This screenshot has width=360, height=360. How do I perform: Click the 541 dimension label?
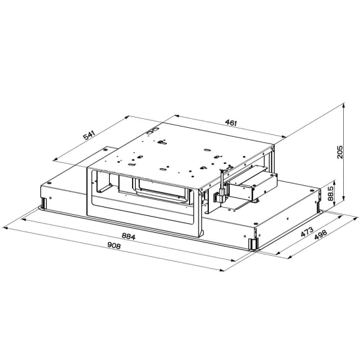tap(89, 135)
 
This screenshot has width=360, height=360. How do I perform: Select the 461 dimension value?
tap(231, 122)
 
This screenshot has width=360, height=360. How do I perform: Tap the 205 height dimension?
tap(340, 152)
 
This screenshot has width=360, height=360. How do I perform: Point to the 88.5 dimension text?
tap(331, 194)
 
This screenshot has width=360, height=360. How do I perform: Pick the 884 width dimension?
tap(128, 236)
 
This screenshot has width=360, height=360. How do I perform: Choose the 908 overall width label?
tap(114, 245)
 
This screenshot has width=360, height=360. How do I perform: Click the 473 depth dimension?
tap(307, 232)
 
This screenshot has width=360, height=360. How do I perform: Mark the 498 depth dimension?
tap(320, 235)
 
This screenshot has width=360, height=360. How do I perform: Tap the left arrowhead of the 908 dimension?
tap(5, 228)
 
